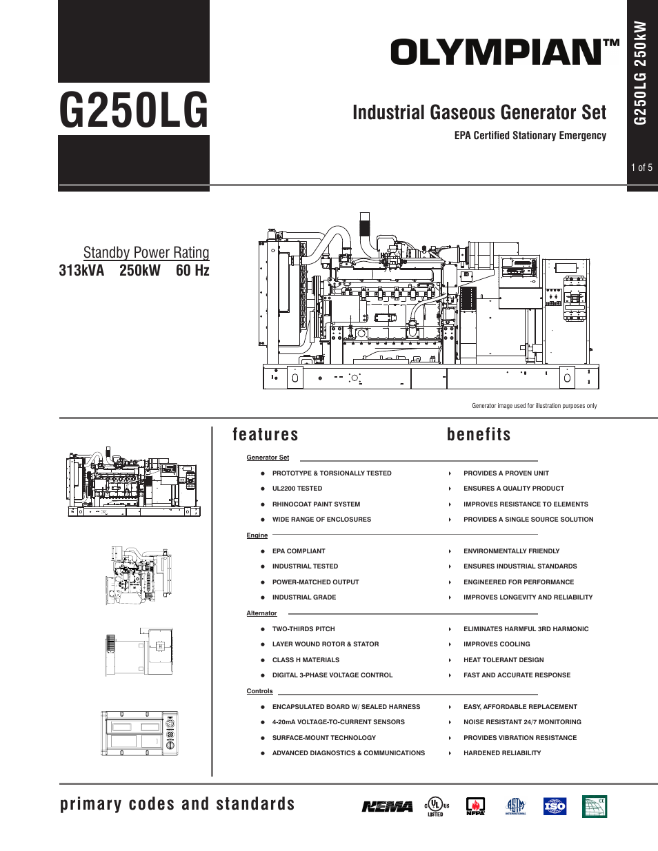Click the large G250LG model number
[x=134, y=110]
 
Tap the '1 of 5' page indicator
[x=641, y=167]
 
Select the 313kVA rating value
[x=81, y=270]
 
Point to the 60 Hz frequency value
[x=192, y=270]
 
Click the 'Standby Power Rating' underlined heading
[x=146, y=252]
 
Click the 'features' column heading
[x=266, y=434]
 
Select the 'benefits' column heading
[x=479, y=434]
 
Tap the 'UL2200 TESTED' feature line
[x=297, y=489]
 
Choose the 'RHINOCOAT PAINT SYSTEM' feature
[x=316, y=504]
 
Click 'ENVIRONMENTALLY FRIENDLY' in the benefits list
[x=511, y=551]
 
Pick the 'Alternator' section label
[x=261, y=613]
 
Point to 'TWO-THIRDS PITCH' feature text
[x=303, y=629]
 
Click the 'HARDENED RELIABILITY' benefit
[x=502, y=753]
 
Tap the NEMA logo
[x=388, y=806]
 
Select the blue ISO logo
[x=555, y=806]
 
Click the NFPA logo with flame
[x=475, y=806]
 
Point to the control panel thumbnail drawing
[x=140, y=734]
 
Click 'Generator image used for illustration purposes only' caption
[x=534, y=406]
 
